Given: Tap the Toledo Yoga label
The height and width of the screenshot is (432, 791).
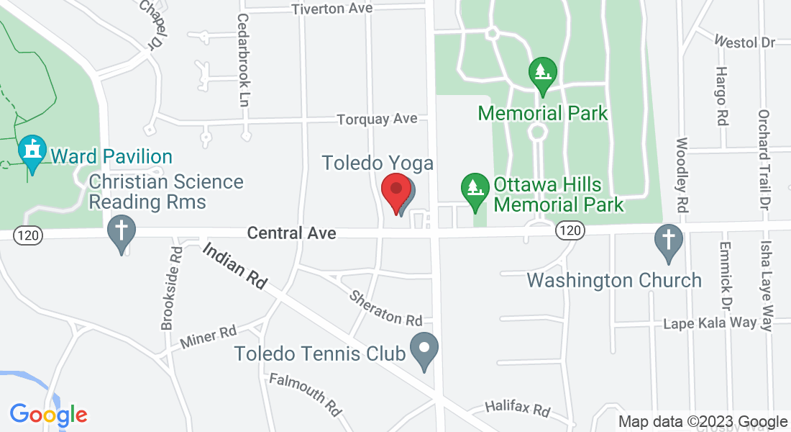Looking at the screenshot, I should coord(378,163).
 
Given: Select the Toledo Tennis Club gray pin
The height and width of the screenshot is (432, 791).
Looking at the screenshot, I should coord(424,350).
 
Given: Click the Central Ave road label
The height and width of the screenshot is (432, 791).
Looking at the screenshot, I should coord(291,233).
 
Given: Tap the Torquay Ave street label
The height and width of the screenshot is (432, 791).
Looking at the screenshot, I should coord(377,118).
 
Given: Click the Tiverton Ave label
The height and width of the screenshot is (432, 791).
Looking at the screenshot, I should coord(332,9).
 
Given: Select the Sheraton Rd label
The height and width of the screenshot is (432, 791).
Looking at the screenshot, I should coord(386,308).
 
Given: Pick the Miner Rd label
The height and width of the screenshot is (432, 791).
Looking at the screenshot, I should coord(209,336).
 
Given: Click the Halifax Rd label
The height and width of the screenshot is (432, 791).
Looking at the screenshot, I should coord(517,408).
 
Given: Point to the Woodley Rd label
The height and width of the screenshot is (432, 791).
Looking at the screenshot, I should coord(682,174).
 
